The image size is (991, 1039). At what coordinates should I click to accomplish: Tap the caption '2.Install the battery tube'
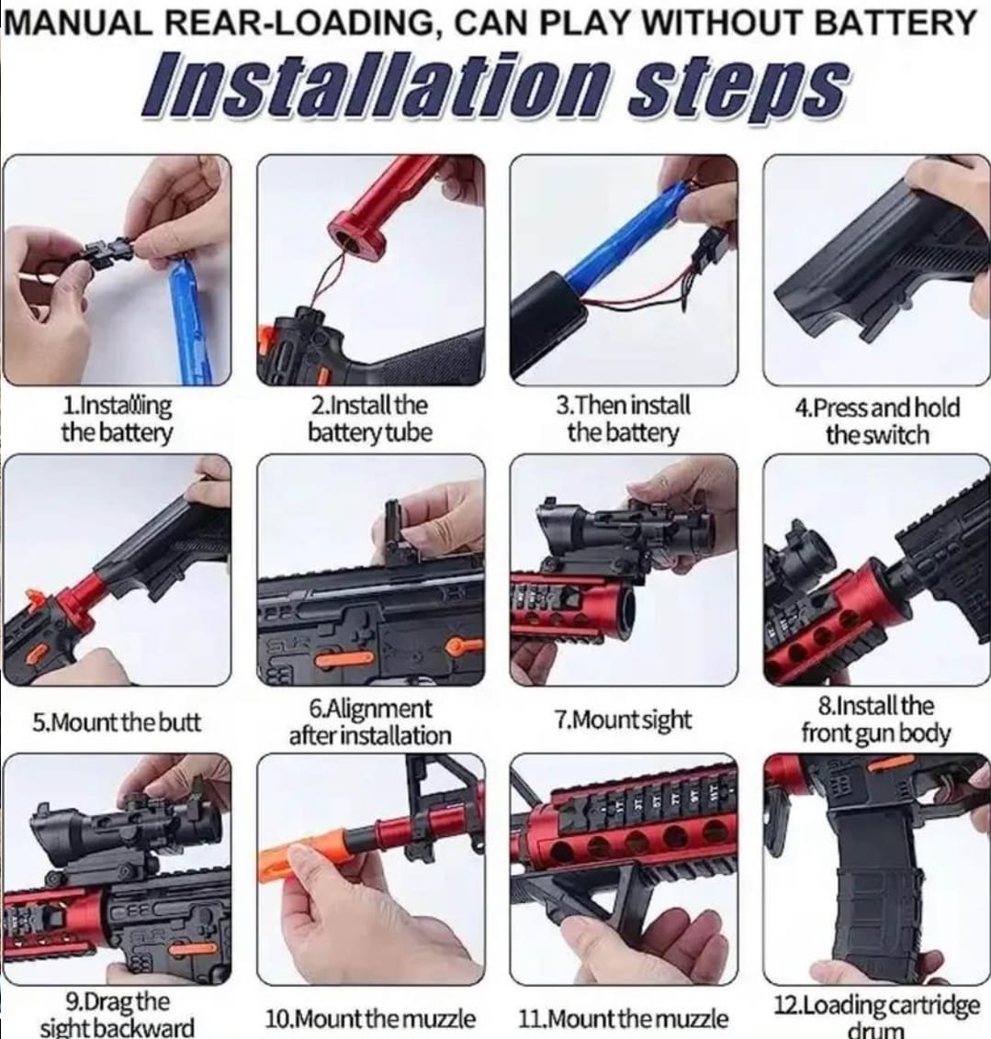coord(370,419)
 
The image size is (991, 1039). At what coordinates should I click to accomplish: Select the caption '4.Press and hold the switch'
coord(877,420)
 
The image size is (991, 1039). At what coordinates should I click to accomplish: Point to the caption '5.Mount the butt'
coord(116,721)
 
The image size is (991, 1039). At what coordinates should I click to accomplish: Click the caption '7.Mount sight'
coord(623,720)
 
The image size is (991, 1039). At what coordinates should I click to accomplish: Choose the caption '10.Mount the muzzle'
coord(370,1018)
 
